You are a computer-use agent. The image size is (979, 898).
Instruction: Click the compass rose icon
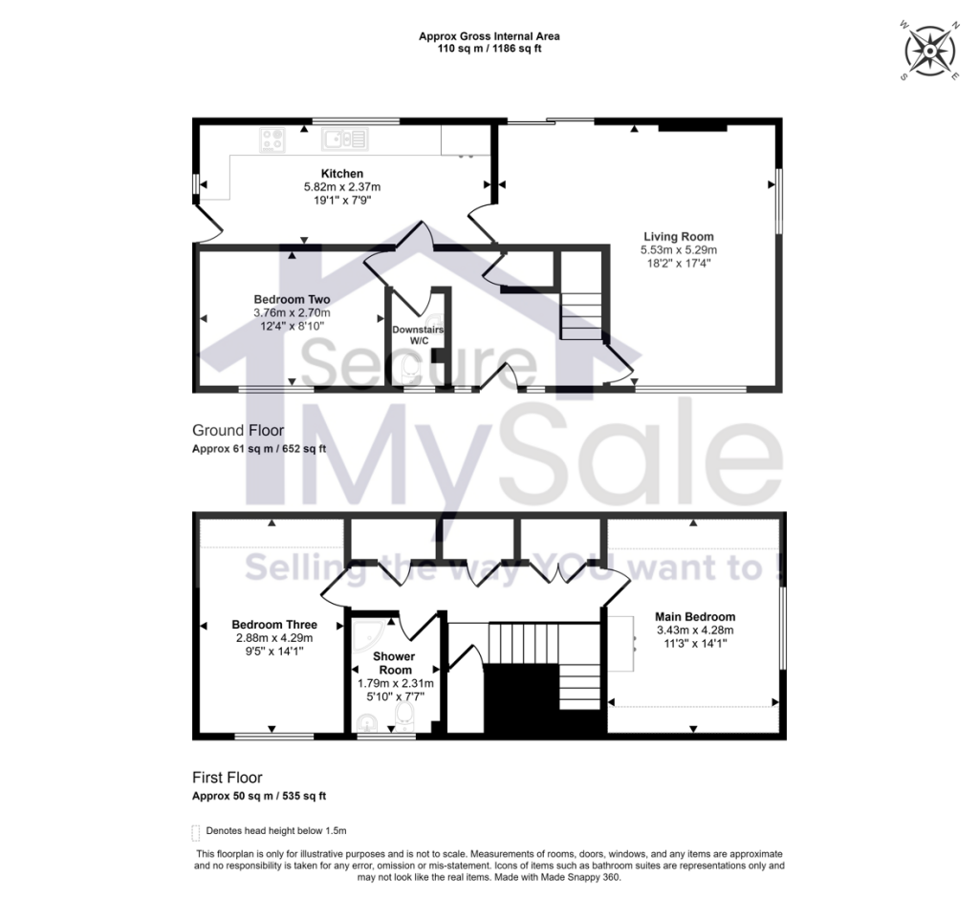tap(927, 49)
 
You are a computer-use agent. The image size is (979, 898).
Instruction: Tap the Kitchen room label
tap(341, 173)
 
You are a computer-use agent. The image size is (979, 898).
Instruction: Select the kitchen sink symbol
tap(344, 139)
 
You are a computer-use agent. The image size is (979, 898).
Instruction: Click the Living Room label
tap(678, 236)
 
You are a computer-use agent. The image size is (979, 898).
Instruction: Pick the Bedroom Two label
tap(292, 299)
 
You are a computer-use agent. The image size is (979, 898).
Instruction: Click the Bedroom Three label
tap(275, 625)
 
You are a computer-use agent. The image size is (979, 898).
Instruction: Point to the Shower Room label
tap(394, 663)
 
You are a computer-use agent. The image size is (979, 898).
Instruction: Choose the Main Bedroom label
tap(695, 616)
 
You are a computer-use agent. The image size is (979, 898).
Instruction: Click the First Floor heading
tap(228, 778)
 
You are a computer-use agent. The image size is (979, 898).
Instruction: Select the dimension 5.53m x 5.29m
tap(677, 249)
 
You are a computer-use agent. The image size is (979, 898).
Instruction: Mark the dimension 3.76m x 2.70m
tap(292, 312)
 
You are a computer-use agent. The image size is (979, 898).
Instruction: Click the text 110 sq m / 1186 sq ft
tap(489, 49)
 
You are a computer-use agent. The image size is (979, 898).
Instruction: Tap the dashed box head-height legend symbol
tap(196, 831)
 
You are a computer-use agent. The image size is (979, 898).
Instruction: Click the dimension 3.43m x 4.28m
tap(695, 630)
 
